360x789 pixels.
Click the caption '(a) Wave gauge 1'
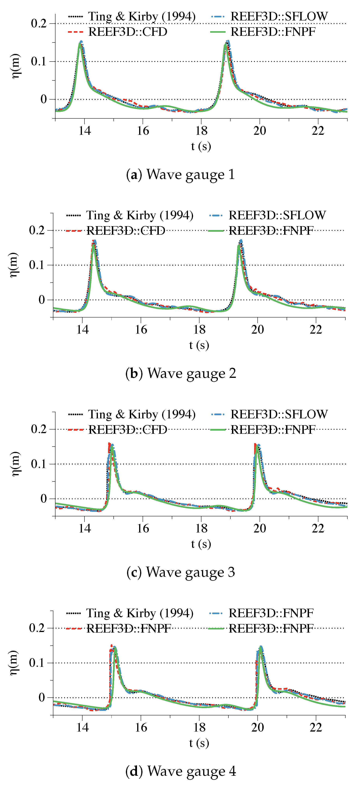180,175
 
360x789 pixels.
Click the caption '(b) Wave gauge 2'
180,373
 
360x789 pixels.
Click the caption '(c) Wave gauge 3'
180,572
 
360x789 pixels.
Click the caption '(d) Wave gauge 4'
180,771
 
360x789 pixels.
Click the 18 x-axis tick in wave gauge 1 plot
201,131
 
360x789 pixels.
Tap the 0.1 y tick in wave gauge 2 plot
37,265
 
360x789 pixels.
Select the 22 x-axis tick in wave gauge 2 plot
316,330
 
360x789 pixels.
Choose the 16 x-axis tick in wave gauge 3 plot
143,528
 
